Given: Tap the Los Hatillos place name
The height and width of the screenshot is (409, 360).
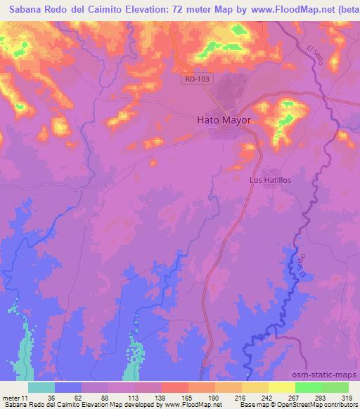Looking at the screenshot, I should point(271,180).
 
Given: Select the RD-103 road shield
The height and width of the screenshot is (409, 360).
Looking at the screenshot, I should point(199,80).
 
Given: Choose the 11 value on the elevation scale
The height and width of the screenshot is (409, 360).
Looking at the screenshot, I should point(25,397).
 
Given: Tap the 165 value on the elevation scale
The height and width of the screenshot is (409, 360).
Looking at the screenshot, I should point(187,397).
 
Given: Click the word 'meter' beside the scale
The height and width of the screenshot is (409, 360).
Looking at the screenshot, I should point(11,397).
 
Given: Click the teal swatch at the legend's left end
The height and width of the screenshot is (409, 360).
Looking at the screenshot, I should point(41,387).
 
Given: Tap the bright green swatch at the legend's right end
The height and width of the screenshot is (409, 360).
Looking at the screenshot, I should point(334,387).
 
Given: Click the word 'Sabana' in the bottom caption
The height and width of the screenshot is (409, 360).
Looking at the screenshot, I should point(15,405).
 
